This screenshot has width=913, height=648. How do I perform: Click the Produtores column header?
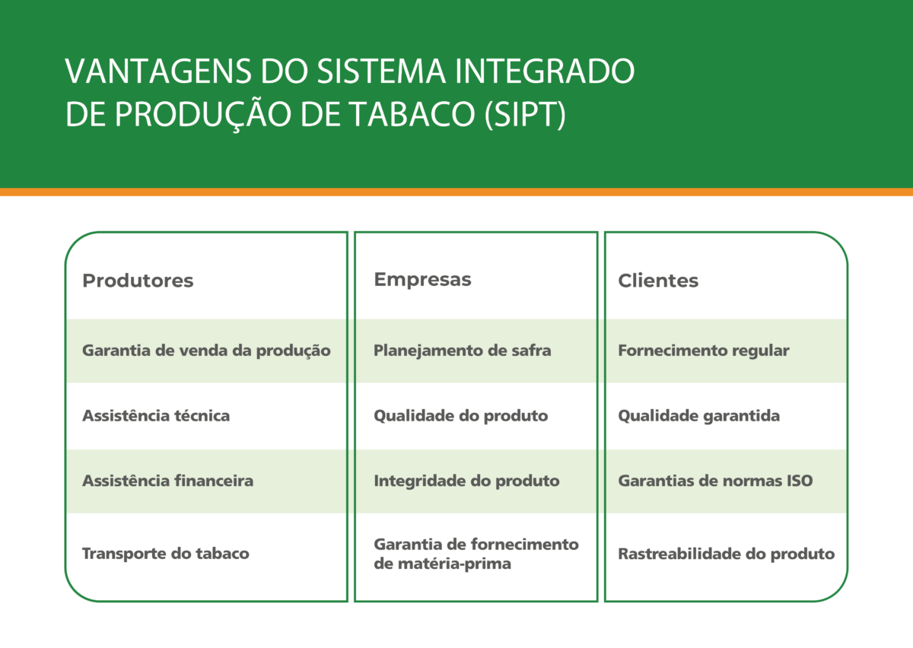click(x=138, y=281)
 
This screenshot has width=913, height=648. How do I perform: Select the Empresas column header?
click(x=422, y=280)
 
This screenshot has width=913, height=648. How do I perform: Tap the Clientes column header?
click(x=658, y=281)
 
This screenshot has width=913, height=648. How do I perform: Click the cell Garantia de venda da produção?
click(x=206, y=351)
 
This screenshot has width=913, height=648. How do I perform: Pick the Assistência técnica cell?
click(x=156, y=416)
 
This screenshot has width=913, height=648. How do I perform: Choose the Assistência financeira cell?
click(x=168, y=481)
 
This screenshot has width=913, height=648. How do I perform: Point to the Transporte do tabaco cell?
click(x=166, y=554)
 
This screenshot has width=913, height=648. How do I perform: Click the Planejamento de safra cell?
click(x=463, y=351)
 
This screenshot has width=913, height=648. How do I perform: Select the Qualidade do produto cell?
click(x=460, y=416)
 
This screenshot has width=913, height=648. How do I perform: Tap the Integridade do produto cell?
click(x=466, y=481)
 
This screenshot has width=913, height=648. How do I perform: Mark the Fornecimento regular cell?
click(x=704, y=351)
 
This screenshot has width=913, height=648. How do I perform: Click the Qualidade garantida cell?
click(x=698, y=416)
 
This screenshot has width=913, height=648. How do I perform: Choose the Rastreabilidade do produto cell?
click(x=727, y=554)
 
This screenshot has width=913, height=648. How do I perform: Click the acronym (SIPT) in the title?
click(x=525, y=114)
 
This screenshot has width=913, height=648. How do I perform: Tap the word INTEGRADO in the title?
click(x=544, y=71)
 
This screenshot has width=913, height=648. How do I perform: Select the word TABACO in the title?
click(x=413, y=114)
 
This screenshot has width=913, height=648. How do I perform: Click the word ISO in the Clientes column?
click(x=800, y=481)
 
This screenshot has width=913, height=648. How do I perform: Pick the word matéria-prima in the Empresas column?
click(x=442, y=564)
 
